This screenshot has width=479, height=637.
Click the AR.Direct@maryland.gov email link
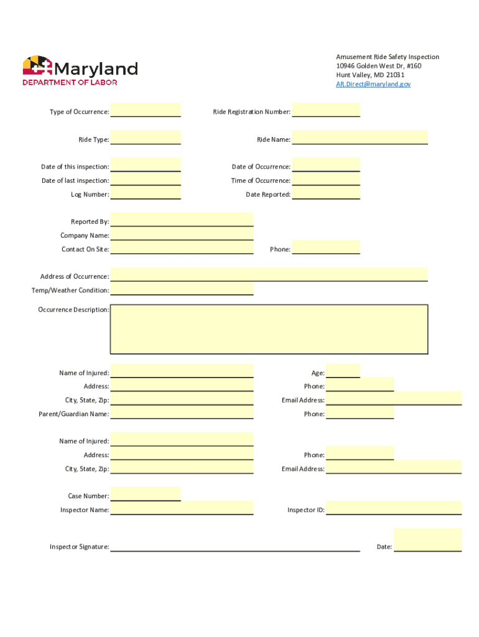click(x=373, y=84)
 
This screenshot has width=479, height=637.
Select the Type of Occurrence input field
click(x=146, y=110)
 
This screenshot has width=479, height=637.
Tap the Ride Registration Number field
click(x=326, y=110)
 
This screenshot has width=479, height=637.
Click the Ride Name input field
click(x=360, y=137)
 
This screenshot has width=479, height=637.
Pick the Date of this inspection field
click(x=146, y=165)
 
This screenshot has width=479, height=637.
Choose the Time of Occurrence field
click(x=326, y=179)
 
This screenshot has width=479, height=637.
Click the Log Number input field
click(x=146, y=193)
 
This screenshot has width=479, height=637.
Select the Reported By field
click(x=182, y=220)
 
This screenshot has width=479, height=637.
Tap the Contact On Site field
click(x=182, y=248)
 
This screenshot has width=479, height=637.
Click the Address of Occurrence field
click(x=269, y=275)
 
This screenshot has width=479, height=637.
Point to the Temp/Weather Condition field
click(x=182, y=289)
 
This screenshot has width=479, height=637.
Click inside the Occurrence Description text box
click(x=269, y=328)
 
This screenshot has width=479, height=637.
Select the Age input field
click(x=343, y=371)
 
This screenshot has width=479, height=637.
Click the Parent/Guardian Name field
click(x=182, y=412)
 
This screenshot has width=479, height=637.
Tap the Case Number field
click(x=146, y=495)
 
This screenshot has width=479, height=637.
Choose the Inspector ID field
click(x=393, y=508)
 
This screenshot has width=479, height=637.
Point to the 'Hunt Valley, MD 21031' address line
click(x=370, y=75)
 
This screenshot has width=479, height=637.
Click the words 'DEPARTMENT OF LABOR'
click(x=70, y=82)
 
